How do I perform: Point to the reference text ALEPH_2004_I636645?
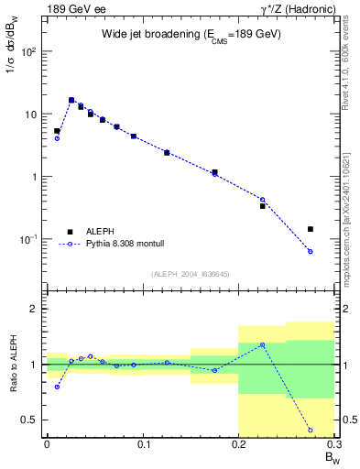(191, 273)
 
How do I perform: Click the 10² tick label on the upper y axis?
(29, 51)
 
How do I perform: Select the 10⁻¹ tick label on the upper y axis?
(29, 239)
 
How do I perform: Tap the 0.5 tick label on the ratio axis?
(30, 420)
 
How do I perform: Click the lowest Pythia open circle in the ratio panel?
(311, 430)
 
